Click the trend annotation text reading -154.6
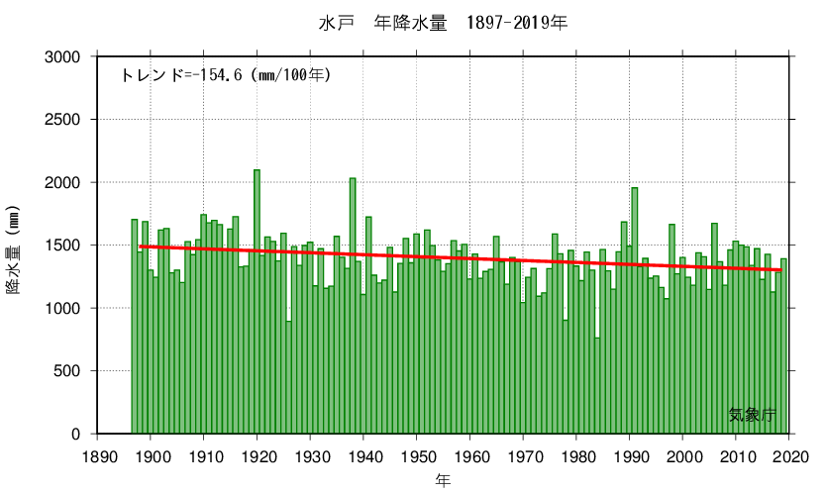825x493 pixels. tap(226, 74)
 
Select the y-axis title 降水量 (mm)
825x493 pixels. tap(14, 255)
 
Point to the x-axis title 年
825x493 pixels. tap(443, 479)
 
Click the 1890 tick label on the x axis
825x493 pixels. tap(97, 454)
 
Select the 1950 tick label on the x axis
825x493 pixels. tap(417, 454)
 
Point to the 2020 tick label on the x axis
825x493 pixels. tap(790, 454)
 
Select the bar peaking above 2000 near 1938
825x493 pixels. tap(353, 307)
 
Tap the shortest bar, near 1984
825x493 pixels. tap(598, 386)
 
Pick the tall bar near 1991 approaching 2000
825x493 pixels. tap(635, 311)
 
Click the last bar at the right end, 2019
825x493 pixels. tap(783, 346)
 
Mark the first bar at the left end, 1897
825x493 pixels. tap(135, 327)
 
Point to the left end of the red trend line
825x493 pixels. tap(141, 246)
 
